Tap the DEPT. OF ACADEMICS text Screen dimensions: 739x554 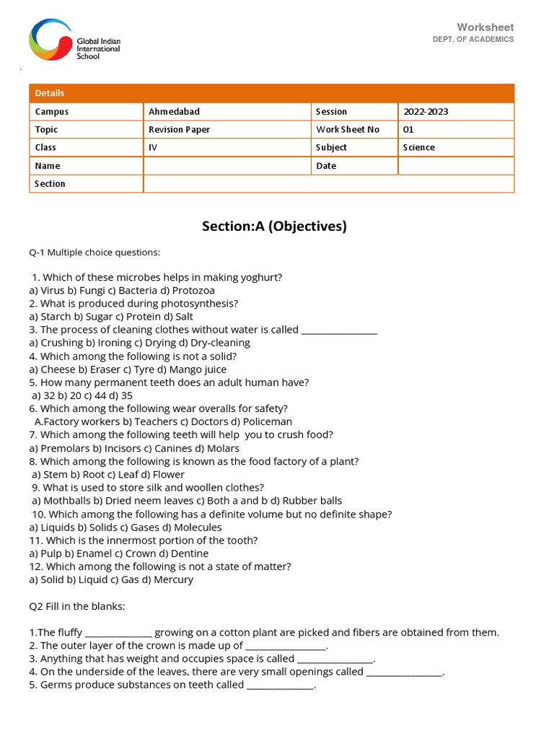pyautogui.click(x=473, y=39)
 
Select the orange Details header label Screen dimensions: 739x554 pyautogui.click(x=50, y=93)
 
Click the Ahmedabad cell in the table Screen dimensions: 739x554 pyautogui.click(x=174, y=112)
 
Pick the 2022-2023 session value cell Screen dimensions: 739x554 pyautogui.click(x=426, y=112)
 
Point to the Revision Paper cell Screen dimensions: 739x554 pyautogui.click(x=179, y=130)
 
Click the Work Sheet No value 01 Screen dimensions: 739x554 pyautogui.click(x=408, y=130)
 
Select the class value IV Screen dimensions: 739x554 pyautogui.click(x=153, y=147)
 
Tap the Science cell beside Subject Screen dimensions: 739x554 pyautogui.click(x=419, y=147)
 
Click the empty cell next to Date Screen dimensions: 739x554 pyautogui.click(x=455, y=166)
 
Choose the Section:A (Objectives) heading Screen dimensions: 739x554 pyautogui.click(x=274, y=227)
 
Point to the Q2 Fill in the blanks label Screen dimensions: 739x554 pyautogui.click(x=77, y=606)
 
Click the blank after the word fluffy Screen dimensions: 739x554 pyautogui.click(x=118, y=633)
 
